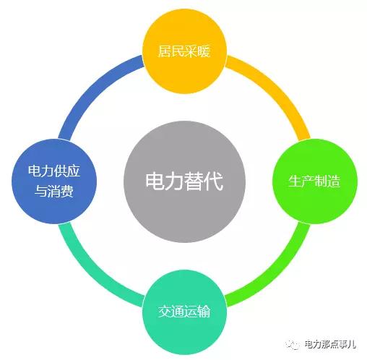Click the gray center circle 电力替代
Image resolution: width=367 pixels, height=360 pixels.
click(184, 181)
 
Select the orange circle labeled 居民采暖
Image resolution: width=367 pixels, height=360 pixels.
click(184, 51)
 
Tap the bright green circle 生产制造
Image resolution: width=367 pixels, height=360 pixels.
click(315, 181)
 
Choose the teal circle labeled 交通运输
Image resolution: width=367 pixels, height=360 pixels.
click(184, 312)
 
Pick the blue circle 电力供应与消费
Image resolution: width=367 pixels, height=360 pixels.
click(54, 181)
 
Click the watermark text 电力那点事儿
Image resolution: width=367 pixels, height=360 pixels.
click(330, 344)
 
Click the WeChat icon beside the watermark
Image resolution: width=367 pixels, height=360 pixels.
click(293, 345)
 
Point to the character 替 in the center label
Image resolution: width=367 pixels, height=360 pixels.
click(194, 181)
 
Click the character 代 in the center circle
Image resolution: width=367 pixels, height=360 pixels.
click(213, 181)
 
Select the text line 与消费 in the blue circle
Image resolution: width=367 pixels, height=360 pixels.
click(54, 192)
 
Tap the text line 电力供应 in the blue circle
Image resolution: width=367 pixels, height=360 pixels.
click(54, 171)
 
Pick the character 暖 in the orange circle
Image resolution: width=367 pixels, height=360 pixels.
click(204, 51)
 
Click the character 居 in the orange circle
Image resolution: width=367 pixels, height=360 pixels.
click(165, 51)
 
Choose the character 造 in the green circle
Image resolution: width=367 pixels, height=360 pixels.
click(334, 181)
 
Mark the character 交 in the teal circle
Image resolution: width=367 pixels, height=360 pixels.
click(165, 312)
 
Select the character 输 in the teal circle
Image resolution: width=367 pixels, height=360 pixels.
click(204, 312)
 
